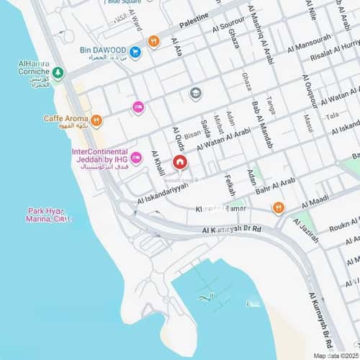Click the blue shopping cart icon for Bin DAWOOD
135,52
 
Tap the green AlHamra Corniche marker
58,73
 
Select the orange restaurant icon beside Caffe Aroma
96,120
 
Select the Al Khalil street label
159,154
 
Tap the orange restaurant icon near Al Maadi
279,208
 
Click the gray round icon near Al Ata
195,93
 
